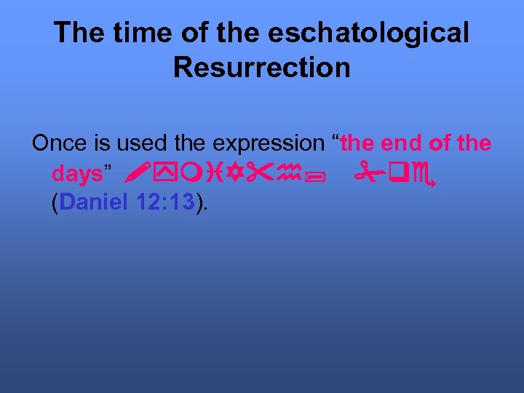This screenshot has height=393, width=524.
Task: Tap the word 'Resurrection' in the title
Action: pyautogui.click(x=262, y=68)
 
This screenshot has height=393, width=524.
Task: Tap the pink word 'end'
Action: pyautogui.click(x=399, y=143)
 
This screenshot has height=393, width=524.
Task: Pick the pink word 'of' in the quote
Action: pyautogui.click(x=440, y=143)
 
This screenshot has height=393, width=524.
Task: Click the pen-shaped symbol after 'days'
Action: pyautogui.click(x=131, y=174)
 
